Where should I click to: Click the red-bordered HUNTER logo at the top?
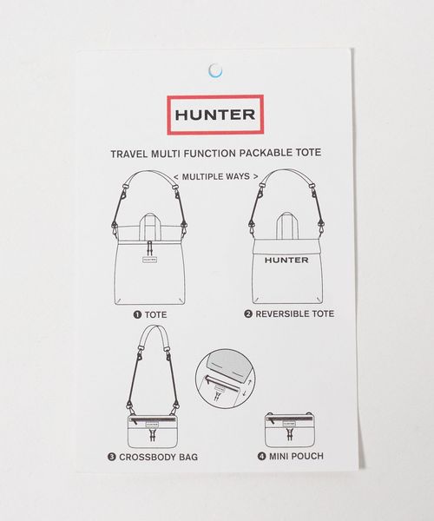pyautogui.click(x=215, y=115)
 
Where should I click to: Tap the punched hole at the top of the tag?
pyautogui.click(x=215, y=70)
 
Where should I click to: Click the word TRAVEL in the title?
pyautogui.click(x=128, y=155)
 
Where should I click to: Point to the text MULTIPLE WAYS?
pyautogui.click(x=216, y=176)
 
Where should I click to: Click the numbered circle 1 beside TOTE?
pyautogui.click(x=137, y=314)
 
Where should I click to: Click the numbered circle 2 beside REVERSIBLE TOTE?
pyautogui.click(x=248, y=314)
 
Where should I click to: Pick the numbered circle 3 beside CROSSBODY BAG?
pyautogui.click(x=112, y=458)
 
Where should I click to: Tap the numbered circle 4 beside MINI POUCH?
pyautogui.click(x=261, y=457)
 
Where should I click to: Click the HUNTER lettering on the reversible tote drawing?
pyautogui.click(x=286, y=260)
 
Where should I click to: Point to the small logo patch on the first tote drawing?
pyautogui.click(x=150, y=260)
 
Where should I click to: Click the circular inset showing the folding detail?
pyautogui.click(x=226, y=379)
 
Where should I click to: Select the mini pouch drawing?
pyautogui.click(x=290, y=430)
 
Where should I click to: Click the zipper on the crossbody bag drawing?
pyautogui.click(x=153, y=420)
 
